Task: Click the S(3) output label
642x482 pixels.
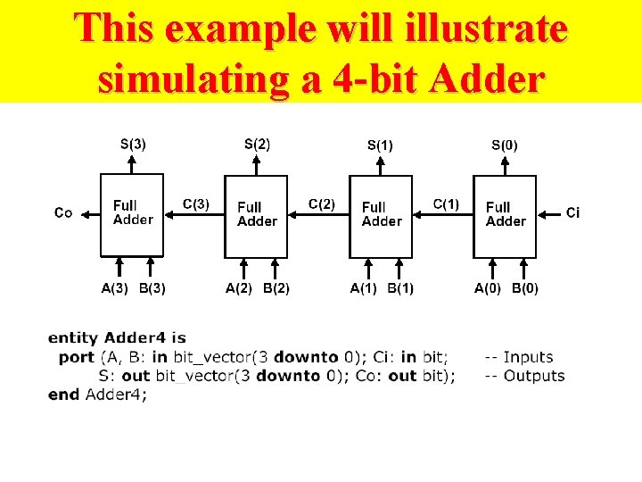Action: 134,143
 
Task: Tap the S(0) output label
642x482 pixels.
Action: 505,144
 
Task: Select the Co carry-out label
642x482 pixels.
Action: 63,212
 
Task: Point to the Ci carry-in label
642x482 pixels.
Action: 573,212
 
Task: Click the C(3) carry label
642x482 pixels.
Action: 196,204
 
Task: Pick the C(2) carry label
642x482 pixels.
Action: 322,204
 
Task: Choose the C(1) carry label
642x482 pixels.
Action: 446,204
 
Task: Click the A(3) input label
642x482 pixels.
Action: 114,287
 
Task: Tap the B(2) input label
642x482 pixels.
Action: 276,288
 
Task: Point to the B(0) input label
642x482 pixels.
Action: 524,288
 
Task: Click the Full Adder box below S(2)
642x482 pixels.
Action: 257,213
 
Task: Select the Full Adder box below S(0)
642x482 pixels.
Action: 505,213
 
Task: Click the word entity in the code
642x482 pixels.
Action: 74,338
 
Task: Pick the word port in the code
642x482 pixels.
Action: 77,357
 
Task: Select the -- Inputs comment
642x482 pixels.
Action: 519,357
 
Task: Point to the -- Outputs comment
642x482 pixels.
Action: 524,376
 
